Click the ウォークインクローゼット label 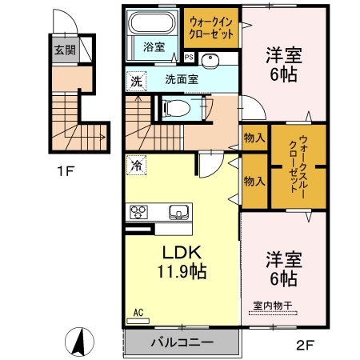pyautogui.click(x=211, y=30)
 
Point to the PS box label pyautogui.click(x=189, y=58)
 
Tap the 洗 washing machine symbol pyautogui.click(x=137, y=80)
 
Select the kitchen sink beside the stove pyautogui.click(x=178, y=212)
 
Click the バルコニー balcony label pyautogui.click(x=182, y=342)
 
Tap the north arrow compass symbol pyautogui.click(x=79, y=342)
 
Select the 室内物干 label pyautogui.click(x=272, y=305)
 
